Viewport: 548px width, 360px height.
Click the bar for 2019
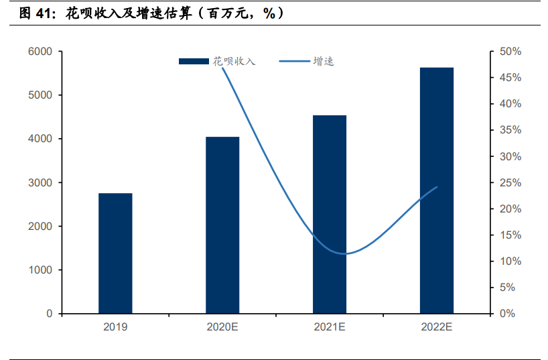pyautogui.click(x=115, y=253)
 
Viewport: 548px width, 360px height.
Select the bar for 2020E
pyautogui.click(x=222, y=225)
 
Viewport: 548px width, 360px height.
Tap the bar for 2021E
pyautogui.click(x=330, y=215)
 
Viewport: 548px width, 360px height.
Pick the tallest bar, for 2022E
pyautogui.click(x=437, y=190)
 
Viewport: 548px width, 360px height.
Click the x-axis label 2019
pyautogui.click(x=115, y=327)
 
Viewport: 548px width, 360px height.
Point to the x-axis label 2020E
pyautogui.click(x=222, y=327)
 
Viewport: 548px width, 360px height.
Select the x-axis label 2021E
pyautogui.click(x=330, y=327)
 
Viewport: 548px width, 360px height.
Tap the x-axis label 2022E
pyautogui.click(x=437, y=327)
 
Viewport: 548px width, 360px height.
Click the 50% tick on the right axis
pyautogui.click(x=510, y=52)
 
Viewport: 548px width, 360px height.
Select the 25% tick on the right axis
pyautogui.click(x=510, y=183)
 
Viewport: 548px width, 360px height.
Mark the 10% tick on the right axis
pyautogui.click(x=510, y=261)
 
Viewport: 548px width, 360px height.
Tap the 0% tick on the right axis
pyautogui.click(x=508, y=314)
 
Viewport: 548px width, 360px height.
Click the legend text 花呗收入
pyautogui.click(x=234, y=61)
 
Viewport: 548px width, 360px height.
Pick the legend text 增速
pyautogui.click(x=324, y=61)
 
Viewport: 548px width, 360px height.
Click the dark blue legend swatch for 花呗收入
pyautogui.click(x=194, y=62)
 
